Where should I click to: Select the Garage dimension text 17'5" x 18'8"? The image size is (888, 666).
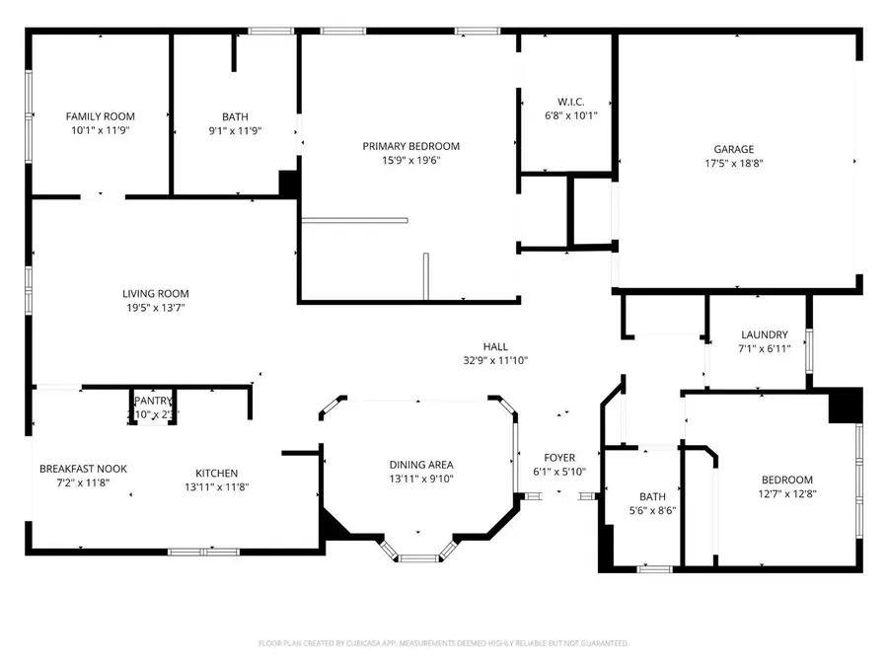coord(735,163)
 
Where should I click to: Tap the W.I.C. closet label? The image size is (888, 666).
coord(570,102)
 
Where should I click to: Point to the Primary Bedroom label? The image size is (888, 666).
coord(410,146)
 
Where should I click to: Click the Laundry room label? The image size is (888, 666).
coord(764,334)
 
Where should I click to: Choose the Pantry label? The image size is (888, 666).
coord(153,402)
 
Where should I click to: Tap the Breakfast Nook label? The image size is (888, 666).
coord(83,469)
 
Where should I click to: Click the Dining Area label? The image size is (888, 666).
coord(421,465)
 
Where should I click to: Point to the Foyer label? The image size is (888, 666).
coord(559,458)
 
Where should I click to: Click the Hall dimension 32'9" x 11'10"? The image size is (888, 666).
coord(495,360)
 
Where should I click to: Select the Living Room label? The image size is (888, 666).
coord(155,293)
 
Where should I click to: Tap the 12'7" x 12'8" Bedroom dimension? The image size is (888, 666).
coord(786,493)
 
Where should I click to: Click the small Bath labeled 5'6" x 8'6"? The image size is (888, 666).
coord(652,497)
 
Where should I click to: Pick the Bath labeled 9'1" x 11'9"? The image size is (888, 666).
coord(235,116)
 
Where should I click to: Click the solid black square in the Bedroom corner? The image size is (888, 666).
coord(845,406)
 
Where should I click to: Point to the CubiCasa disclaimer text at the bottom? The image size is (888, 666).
coord(443,643)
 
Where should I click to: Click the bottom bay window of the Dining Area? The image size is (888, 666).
coord(418,558)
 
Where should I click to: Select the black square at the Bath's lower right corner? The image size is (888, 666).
coord(289,185)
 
